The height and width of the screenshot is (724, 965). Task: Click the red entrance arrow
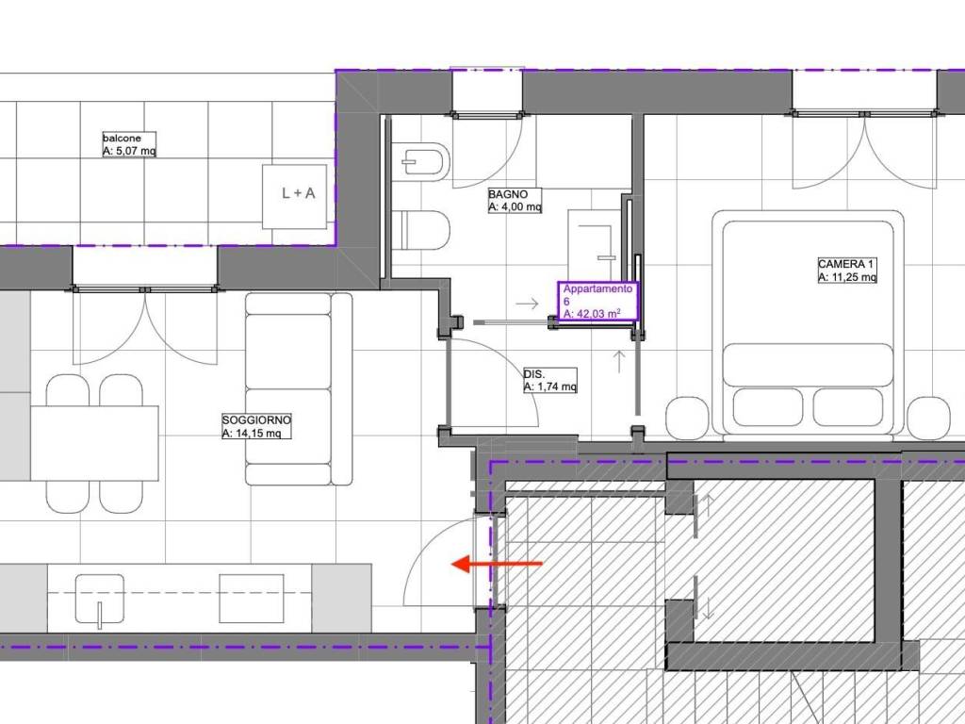(498, 564)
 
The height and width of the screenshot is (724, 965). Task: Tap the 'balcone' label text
(122, 139)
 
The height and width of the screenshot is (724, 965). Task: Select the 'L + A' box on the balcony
(294, 196)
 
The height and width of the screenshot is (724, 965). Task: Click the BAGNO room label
(508, 194)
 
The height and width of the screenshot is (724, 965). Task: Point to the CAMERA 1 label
(845, 264)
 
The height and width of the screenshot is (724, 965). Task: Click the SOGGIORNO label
(256, 420)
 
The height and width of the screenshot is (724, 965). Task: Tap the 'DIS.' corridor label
(534, 373)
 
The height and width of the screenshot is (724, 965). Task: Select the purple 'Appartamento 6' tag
(598, 301)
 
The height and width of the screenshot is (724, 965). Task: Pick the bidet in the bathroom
(421, 161)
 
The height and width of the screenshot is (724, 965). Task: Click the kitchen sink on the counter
(100, 598)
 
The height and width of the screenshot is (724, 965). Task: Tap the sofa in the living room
(299, 389)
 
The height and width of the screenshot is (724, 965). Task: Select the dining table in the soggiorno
(94, 443)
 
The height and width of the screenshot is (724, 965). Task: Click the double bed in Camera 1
(808, 324)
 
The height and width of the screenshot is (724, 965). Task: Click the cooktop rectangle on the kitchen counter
(252, 598)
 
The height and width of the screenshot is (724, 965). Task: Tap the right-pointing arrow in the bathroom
(527, 304)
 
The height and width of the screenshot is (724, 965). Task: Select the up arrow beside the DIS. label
(619, 361)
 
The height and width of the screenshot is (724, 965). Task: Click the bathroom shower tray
(595, 244)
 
